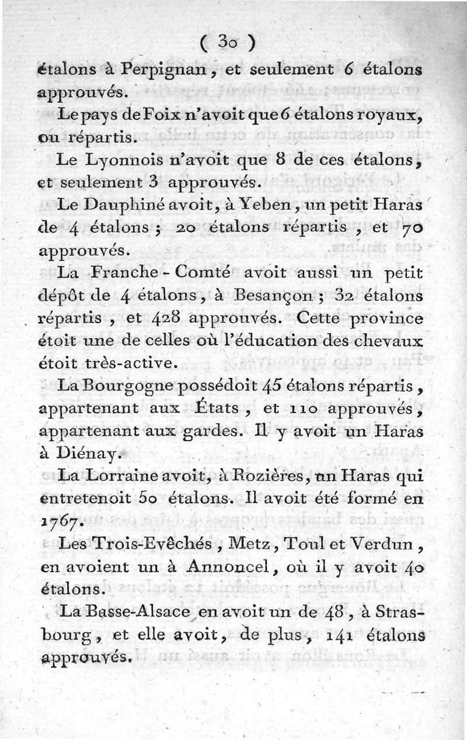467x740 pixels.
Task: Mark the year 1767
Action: [x=61, y=522]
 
